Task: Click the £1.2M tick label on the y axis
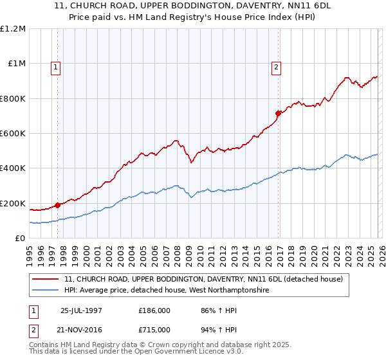tap(13, 29)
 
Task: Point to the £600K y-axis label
tap(13, 134)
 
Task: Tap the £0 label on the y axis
tap(21, 239)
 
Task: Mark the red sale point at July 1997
tap(58, 206)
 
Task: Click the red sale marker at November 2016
tap(279, 113)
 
